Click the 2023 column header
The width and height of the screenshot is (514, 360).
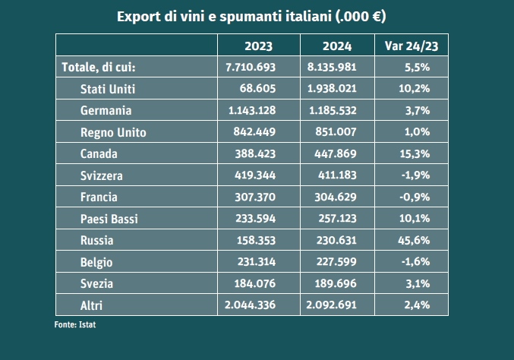coord(258,45)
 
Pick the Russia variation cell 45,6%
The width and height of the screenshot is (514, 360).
coord(414,241)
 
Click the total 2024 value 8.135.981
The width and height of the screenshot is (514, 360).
coord(327,67)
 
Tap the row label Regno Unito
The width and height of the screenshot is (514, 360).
coord(113,132)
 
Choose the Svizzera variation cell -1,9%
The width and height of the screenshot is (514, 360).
coord(415,175)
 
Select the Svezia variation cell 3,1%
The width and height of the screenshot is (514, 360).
coord(418,284)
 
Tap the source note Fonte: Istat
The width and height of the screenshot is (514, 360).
coord(75,324)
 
